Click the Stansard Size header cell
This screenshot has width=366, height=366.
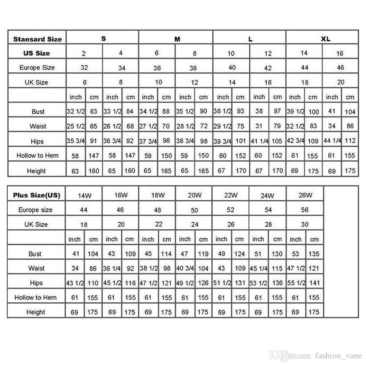37,39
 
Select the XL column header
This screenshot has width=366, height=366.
325,39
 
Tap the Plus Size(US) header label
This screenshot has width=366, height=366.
37,195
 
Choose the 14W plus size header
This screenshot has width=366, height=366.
84,196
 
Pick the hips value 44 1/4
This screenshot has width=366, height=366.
332,141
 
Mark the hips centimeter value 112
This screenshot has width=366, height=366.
350,141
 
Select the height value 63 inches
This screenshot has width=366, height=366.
75,171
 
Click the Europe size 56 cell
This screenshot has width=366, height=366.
305,210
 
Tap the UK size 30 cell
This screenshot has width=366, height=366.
305,224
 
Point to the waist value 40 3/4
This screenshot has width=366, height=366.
185,269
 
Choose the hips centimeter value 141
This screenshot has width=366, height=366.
314,283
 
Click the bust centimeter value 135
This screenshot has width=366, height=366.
314,254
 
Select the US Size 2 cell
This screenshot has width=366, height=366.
84,53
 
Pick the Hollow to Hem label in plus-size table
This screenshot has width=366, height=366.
35,298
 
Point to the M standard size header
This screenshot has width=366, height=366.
177,39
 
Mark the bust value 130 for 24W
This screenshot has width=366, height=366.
277,254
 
